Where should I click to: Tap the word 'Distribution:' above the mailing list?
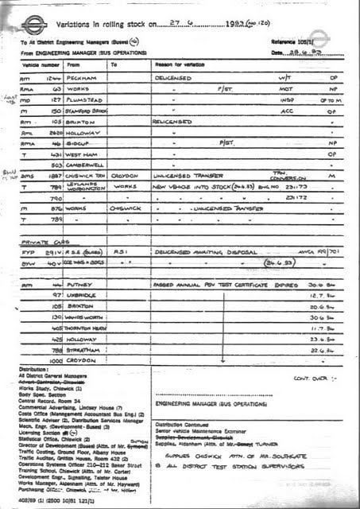pyautogui.click(x=36, y=370)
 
